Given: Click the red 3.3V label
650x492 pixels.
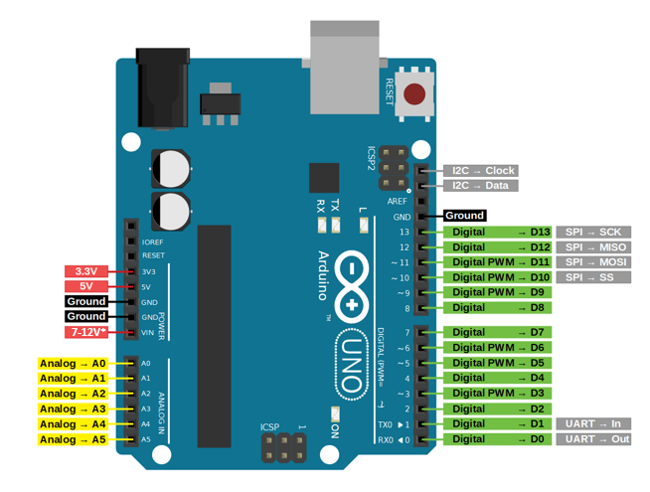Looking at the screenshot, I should [86, 271].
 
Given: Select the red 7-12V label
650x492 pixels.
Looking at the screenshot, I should [86, 332].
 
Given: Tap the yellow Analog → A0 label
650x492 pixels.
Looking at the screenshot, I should [73, 364].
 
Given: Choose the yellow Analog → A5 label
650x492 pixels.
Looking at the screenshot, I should [73, 439].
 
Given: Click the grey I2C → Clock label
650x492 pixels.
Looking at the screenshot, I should [483, 171].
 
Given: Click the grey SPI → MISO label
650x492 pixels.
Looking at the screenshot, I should [593, 247].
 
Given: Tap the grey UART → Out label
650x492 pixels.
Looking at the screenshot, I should [593, 439].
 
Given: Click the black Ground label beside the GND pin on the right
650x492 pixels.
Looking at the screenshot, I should [464, 216].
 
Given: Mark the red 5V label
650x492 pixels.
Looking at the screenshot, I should [86, 286].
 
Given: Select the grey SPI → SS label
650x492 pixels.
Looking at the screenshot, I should [593, 277].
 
